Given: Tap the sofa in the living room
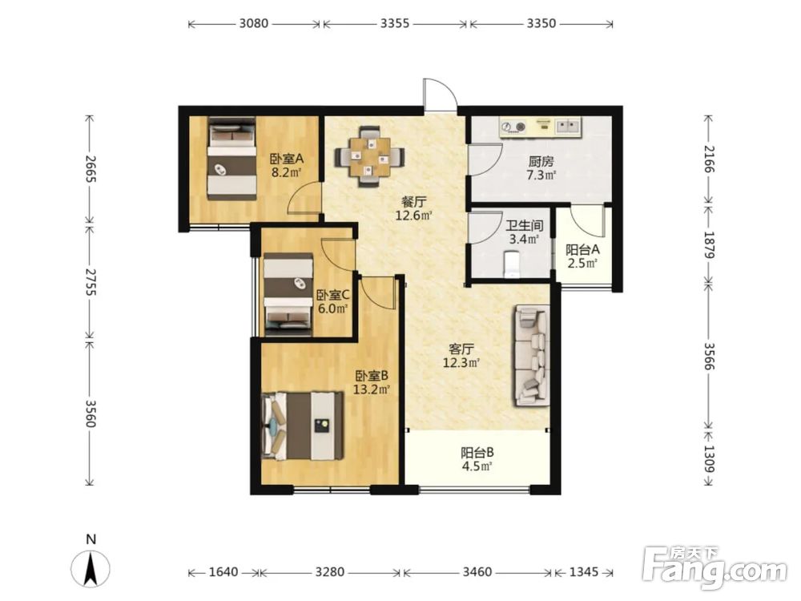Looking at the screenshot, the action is point(531,356).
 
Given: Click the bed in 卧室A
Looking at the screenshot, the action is point(232,158).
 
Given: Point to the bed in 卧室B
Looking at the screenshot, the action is point(303,426).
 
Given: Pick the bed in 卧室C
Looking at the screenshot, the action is point(288,294).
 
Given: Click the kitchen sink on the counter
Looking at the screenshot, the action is point(568,126).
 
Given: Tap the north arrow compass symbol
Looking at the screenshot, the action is point(91,568).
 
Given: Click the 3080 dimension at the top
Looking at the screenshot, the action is point(254,23).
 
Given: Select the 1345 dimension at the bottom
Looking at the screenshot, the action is point(583,571).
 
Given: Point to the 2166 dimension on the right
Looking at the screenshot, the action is point(710,159).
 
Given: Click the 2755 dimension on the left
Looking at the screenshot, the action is point(91,281).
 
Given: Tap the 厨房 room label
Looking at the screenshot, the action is point(541,162).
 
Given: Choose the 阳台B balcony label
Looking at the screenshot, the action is point(477,452).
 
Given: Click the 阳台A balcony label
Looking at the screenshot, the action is point(582,250).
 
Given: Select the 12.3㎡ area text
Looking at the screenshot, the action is point(461,363).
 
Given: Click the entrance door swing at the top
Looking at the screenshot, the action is point(439,95).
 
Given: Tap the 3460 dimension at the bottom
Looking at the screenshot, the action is point(477,571).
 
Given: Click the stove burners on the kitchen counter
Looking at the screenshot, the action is point(513,127).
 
